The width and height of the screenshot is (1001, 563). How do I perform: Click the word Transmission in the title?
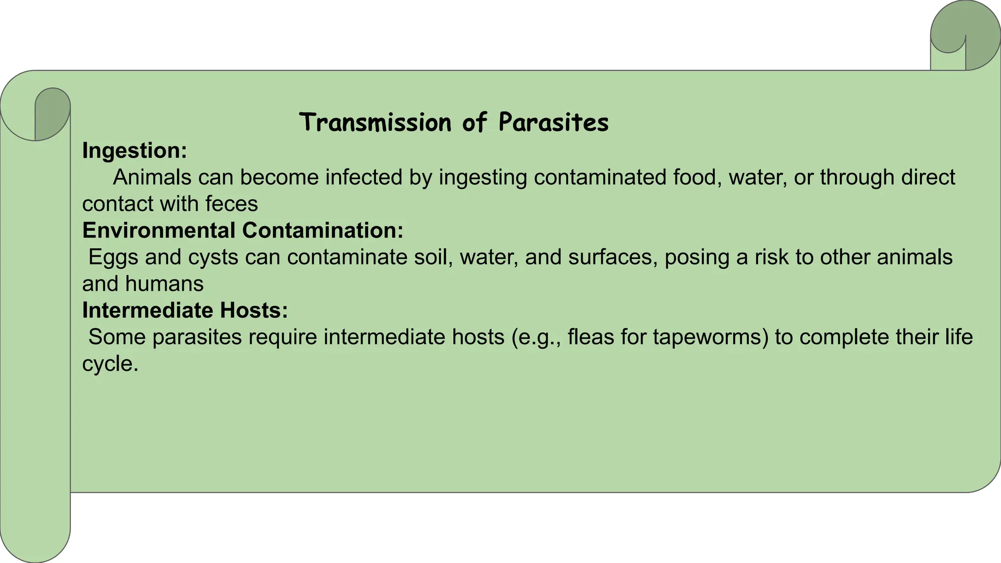(375, 122)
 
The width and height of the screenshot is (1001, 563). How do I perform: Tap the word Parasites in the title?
(553, 122)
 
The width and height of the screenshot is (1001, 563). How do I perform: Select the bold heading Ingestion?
(134, 151)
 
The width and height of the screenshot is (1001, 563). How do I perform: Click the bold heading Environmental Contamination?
(242, 230)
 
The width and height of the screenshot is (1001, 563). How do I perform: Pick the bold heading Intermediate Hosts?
(185, 310)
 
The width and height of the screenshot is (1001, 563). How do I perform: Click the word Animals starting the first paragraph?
(152, 177)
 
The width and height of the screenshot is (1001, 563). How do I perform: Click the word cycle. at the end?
(110, 364)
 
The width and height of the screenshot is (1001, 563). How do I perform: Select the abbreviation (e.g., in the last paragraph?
(536, 337)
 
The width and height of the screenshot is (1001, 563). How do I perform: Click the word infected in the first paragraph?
(364, 177)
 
